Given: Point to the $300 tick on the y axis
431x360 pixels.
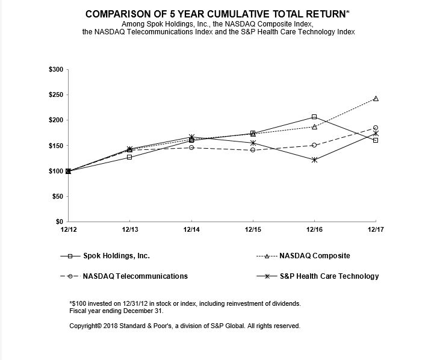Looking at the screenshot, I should pos(55,70).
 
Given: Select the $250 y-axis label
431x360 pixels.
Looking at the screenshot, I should pos(55,95).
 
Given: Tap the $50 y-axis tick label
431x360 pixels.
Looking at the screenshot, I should pos(57,196).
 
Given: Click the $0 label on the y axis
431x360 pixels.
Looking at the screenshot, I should pos(59,222).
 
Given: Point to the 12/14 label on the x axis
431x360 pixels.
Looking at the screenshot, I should pos(191,229).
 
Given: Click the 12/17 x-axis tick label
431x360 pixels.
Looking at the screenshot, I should pos(375,229).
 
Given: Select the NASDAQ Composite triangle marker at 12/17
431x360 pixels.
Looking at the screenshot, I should pos(376,98).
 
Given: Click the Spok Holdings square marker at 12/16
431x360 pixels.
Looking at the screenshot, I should pos(314,117).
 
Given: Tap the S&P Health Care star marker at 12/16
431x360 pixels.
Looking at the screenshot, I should pos(314,160).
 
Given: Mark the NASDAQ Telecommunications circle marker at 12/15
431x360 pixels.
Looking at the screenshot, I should pos(253,150).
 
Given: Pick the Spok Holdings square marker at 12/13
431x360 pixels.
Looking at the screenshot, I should pos(129,157).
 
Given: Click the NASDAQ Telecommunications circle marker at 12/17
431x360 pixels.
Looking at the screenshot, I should pos(376,128).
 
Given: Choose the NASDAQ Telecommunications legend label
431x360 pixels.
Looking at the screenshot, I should pos(136,276).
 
